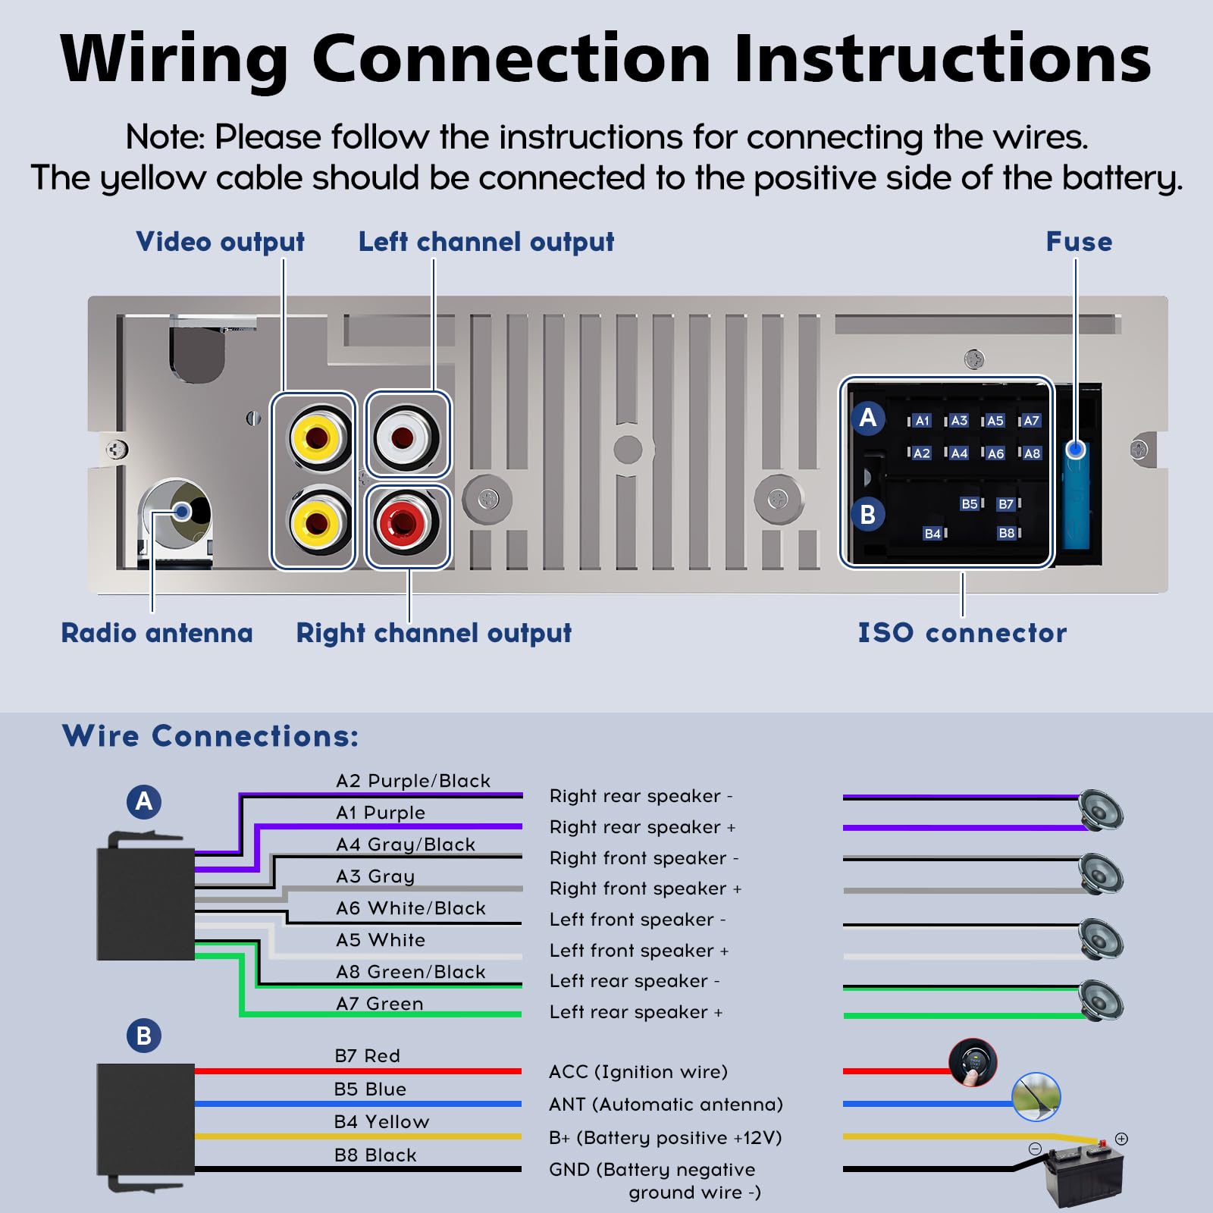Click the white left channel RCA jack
coord(407,437)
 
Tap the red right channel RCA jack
coord(407,522)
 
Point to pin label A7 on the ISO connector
coord(1031,420)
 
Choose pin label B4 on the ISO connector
coord(932,534)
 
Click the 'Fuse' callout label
coord(1079,242)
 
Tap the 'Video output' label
coord(220,243)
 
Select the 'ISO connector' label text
coord(962,633)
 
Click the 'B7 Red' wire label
coord(367,1055)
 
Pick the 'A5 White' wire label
coord(381,940)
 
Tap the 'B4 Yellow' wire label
coord(381,1121)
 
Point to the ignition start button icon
coord(973,1062)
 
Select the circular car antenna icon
coord(1036,1097)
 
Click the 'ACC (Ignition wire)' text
coord(638,1072)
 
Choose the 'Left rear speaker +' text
coord(636,1012)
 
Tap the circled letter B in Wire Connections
coord(144,1036)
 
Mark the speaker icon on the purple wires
coord(1101,810)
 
